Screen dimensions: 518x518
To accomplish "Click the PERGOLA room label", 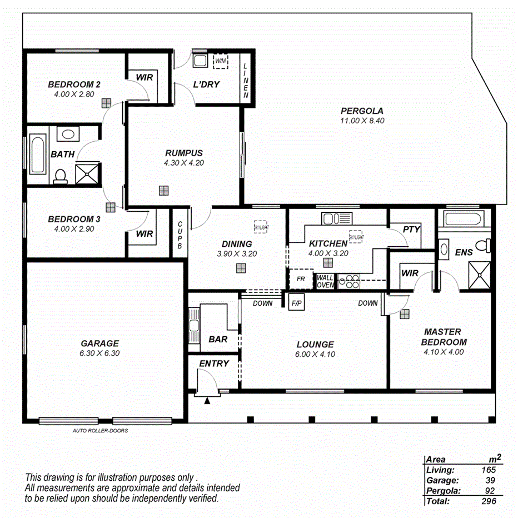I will (362, 111).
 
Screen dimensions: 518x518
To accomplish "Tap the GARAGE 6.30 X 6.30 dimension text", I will (99, 353).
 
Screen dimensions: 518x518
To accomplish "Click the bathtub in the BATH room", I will (38, 154).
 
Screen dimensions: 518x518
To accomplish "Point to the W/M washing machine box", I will (221, 61).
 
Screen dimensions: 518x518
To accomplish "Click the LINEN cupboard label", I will (246, 80).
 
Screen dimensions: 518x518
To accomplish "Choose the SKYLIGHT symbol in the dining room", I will (261, 227).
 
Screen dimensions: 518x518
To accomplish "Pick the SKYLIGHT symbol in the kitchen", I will (356, 237).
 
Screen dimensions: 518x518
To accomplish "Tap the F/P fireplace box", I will (296, 304).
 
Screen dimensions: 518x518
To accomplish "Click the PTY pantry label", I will (412, 229).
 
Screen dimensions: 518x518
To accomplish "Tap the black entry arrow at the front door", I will (207, 400).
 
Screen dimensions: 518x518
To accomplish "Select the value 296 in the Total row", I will (489, 501).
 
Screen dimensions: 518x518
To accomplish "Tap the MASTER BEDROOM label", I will (444, 337).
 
